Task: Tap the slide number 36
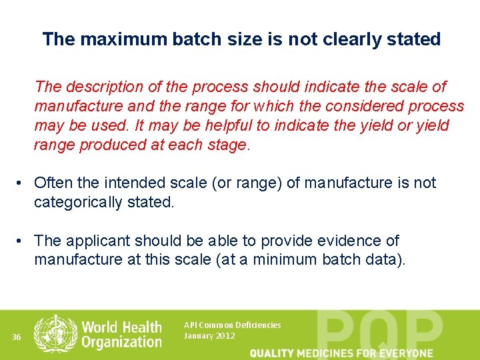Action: (17, 337)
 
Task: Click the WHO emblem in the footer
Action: (55, 333)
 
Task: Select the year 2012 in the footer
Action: (225, 335)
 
